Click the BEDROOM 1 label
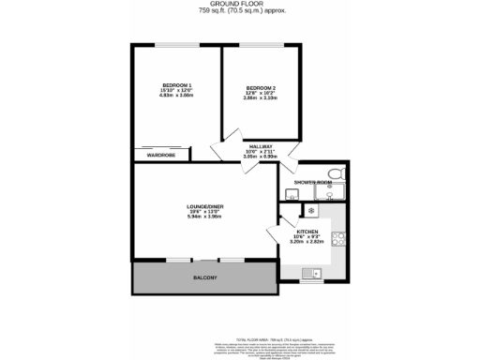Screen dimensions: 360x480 click(x=176, y=85)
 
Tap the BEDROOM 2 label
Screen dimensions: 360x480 click(x=261, y=88)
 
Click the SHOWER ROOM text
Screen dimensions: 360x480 click(x=312, y=182)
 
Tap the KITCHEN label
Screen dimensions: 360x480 click(x=308, y=232)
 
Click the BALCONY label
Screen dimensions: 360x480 click(x=205, y=277)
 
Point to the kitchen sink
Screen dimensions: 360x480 click(x=313, y=273)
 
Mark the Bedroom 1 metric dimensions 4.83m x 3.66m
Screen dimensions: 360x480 click(x=176, y=97)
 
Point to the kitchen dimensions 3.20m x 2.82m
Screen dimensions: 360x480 click(x=308, y=242)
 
